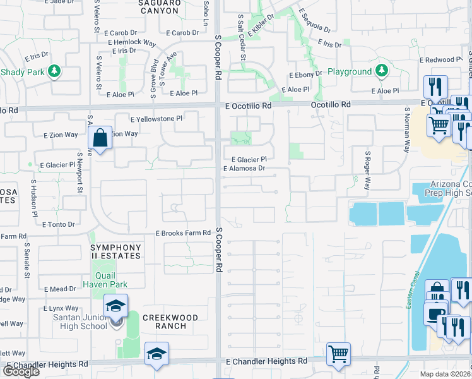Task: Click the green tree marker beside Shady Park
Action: [x=55, y=71]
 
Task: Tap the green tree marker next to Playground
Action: [x=381, y=71]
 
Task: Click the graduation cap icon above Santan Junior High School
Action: [x=116, y=307]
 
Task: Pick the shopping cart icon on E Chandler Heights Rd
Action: [x=339, y=354]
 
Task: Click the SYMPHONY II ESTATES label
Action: [x=115, y=253]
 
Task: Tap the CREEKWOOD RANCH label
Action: [x=171, y=322]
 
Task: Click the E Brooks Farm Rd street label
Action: [x=183, y=233]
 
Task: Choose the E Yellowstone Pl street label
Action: [x=156, y=118]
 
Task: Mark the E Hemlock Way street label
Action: [x=132, y=43]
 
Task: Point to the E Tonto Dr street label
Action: [x=58, y=224]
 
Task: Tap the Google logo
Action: [x=21, y=371]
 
